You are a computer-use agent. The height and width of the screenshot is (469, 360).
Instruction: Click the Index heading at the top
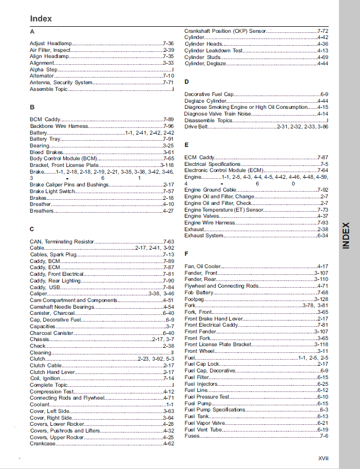coord(41,18)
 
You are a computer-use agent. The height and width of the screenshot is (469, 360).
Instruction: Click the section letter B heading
coord(32,107)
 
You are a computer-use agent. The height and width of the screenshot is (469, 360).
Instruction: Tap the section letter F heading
coord(186,254)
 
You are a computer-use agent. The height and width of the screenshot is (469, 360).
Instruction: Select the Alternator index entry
coord(42,76)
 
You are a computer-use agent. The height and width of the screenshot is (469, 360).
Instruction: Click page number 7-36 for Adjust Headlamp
coord(168,44)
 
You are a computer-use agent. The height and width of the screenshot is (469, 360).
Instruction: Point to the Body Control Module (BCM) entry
coord(63,159)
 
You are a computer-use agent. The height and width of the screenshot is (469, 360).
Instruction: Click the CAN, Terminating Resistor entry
coord(62,241)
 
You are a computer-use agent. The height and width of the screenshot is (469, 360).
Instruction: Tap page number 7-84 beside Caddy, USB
coord(168,287)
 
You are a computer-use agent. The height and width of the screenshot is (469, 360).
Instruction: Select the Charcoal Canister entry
coord(51,333)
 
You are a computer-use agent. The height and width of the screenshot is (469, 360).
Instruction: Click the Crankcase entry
coord(43,443)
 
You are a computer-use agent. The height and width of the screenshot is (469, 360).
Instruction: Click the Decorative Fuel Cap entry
coord(209,95)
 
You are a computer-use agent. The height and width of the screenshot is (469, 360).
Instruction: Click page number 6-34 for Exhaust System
coord(323,235)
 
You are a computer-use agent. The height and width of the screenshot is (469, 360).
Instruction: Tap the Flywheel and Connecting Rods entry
coord(221,286)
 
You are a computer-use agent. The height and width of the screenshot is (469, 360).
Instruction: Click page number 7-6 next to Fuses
coord(324,436)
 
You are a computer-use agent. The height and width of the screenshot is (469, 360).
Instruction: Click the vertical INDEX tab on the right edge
coord(347,235)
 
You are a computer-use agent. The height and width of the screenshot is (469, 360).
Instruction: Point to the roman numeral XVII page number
coord(323,458)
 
